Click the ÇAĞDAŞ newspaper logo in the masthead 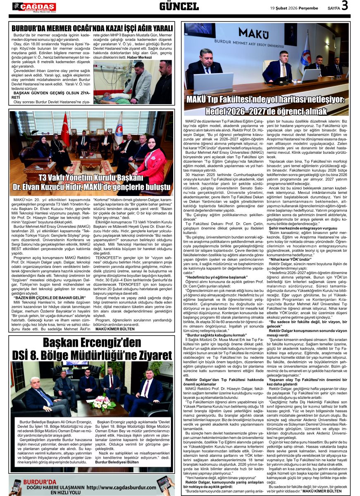(x=33, y=7)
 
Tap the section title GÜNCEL (x=179, y=6)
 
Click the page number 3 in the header (x=344, y=7)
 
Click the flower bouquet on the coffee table (x=101, y=401)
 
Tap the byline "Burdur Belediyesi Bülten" (x=117, y=462)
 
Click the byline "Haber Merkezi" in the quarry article (x=140, y=57)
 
